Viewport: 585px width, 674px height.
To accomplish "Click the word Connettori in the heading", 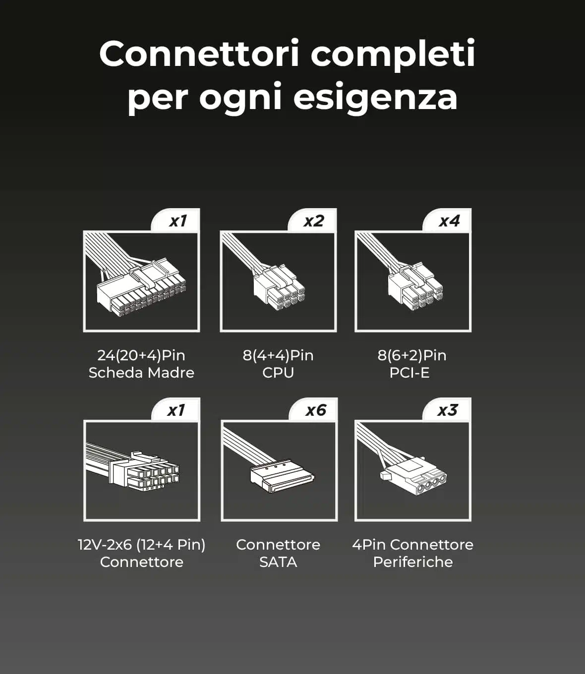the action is [x=199, y=54].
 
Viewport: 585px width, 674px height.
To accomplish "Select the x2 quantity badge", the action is [x=313, y=221].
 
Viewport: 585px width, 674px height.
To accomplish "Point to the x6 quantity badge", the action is [x=314, y=410].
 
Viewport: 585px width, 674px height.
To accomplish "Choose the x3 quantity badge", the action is [x=447, y=410].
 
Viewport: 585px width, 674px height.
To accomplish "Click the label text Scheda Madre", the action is [x=141, y=373].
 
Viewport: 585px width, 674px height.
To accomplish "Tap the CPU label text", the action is [x=278, y=373].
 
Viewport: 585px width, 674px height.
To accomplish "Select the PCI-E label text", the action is [x=409, y=373].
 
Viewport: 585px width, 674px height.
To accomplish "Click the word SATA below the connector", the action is [x=278, y=562].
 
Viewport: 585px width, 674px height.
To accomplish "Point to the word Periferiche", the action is [x=413, y=562].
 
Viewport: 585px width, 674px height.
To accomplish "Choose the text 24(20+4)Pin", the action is [x=141, y=355].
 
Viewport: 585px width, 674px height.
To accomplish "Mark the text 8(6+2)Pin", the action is [x=412, y=355].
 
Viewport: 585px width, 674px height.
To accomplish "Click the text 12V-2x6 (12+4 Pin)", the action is [x=142, y=545].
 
